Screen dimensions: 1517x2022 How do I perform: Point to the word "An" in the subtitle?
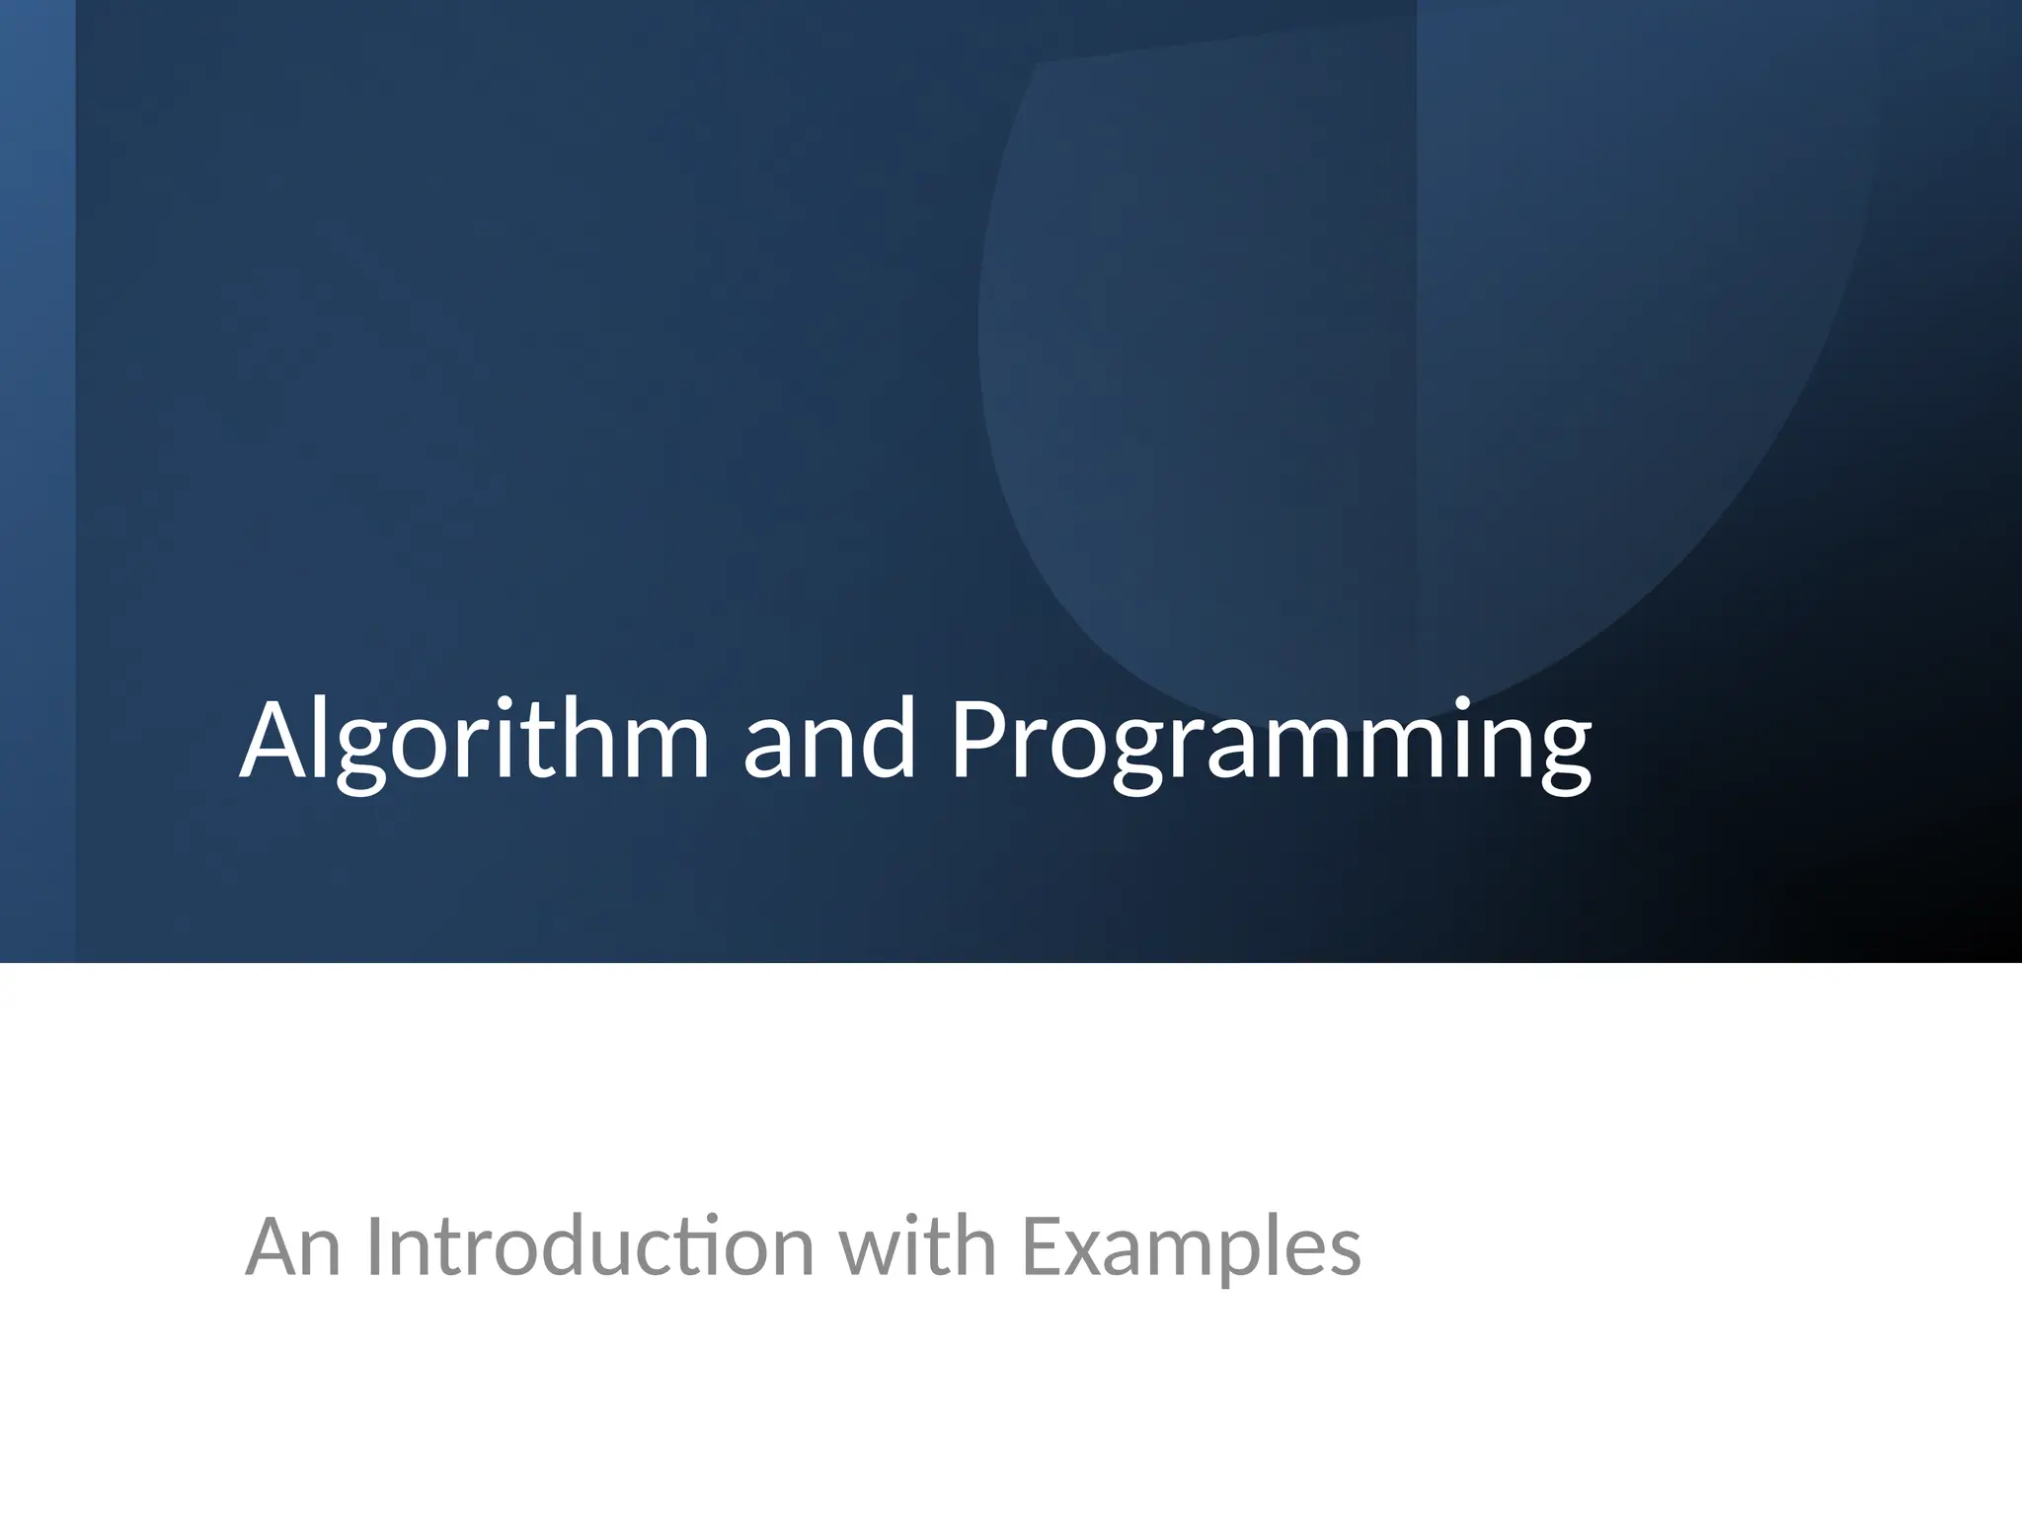[293, 1246]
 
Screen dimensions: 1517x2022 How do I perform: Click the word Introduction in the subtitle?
[589, 1246]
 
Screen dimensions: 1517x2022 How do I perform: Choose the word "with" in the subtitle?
[917, 1246]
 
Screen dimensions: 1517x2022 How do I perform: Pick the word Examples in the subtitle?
[1191, 1246]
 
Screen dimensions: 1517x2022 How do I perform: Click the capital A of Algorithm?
[277, 741]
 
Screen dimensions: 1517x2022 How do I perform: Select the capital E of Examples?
[1040, 1246]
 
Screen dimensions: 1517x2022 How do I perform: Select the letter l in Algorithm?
[326, 736]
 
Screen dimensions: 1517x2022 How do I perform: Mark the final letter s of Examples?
[1344, 1254]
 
